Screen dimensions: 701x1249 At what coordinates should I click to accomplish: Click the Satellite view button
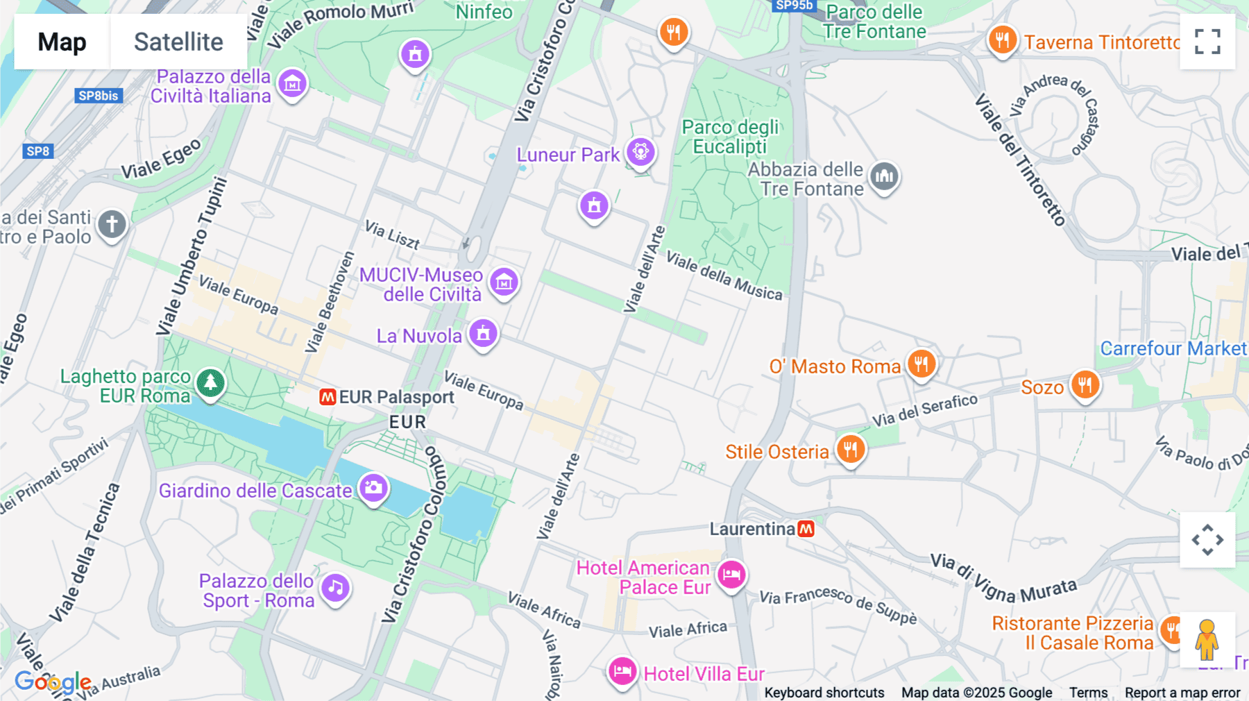point(178,42)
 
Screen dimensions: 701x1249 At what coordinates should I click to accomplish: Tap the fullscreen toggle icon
point(1207,42)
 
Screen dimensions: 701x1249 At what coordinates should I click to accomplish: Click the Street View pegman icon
point(1207,639)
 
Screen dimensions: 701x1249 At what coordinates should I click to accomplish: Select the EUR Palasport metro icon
point(328,397)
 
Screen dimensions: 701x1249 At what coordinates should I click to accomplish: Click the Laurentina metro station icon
point(806,529)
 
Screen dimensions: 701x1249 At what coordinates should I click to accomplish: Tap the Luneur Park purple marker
point(640,152)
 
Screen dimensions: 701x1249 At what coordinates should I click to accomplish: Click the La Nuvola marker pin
point(484,334)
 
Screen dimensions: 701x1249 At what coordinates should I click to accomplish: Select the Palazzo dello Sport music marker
point(336,589)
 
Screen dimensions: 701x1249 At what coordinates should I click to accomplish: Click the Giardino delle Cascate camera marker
point(373,488)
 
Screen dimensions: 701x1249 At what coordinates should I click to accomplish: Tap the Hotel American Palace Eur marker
point(731,575)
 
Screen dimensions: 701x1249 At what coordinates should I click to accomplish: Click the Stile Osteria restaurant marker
point(851,449)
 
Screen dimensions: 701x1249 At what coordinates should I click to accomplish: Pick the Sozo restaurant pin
point(1085,385)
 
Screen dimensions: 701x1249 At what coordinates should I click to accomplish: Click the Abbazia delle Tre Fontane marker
point(884,176)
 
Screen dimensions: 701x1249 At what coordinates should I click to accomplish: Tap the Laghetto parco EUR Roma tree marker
point(210,383)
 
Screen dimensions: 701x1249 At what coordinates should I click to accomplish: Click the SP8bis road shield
point(99,96)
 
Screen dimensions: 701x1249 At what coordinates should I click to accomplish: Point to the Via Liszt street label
point(393,235)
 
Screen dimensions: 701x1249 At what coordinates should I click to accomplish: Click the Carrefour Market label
point(1173,348)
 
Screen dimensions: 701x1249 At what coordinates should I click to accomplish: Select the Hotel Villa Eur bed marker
point(622,671)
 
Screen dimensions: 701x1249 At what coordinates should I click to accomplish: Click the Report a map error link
point(1182,693)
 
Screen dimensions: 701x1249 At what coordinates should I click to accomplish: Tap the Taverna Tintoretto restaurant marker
point(1002,40)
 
